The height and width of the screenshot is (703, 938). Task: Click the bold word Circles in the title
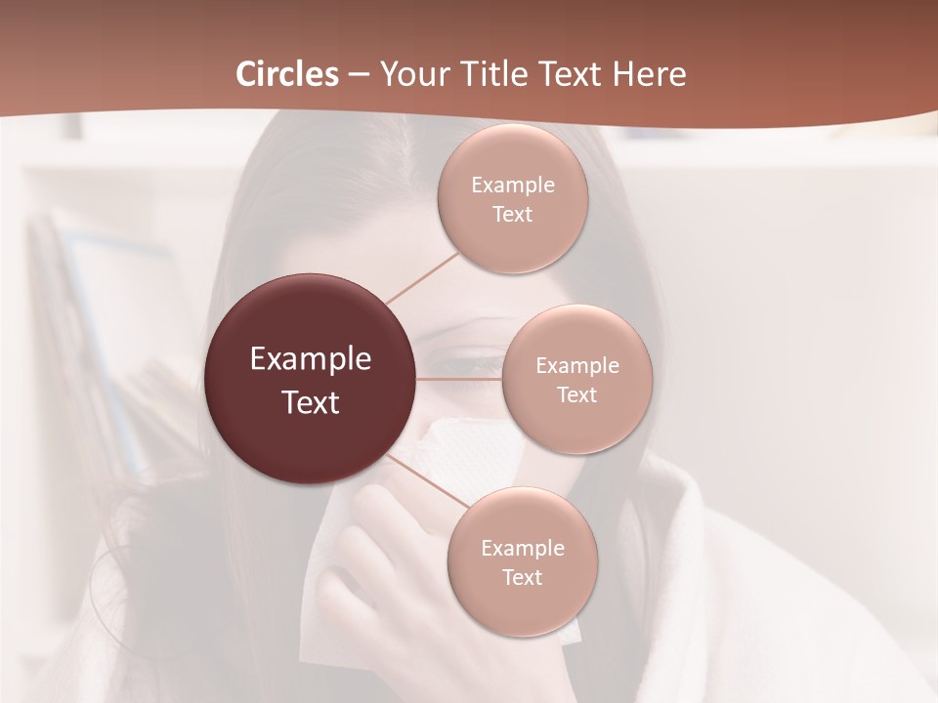[287, 74]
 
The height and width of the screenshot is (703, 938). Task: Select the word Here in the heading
[649, 74]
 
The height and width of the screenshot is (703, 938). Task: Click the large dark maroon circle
[311, 379]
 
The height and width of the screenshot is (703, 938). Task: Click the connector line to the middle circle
[459, 379]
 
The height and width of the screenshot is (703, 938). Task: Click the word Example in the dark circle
[311, 359]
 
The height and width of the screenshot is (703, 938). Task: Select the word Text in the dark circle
[311, 402]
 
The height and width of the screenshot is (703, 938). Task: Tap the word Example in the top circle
[513, 186]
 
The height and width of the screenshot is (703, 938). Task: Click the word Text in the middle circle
[577, 395]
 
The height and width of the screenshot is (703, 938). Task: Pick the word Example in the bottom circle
[523, 549]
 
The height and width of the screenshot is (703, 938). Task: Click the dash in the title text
[359, 75]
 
